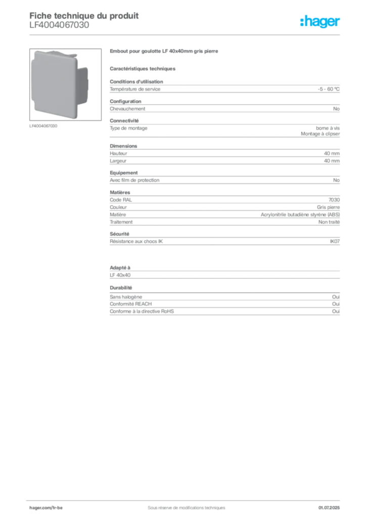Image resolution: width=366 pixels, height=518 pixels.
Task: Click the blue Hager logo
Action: [x=321, y=22]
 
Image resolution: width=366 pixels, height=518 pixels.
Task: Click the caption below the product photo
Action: [x=45, y=126]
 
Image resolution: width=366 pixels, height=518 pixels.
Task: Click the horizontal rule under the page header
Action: [x=186, y=34]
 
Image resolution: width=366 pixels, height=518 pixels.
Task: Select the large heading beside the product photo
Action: [x=165, y=52]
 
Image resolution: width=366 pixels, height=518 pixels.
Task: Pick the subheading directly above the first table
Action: [x=143, y=68]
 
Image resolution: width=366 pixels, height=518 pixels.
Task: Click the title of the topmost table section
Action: [x=136, y=80]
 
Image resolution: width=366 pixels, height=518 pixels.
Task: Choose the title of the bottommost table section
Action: [x=122, y=287]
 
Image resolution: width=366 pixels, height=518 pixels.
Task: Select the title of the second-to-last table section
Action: [x=122, y=265]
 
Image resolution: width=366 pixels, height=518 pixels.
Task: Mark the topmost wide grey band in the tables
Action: [x=224, y=90]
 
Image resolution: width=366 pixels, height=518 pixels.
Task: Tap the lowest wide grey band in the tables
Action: [x=224, y=307]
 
